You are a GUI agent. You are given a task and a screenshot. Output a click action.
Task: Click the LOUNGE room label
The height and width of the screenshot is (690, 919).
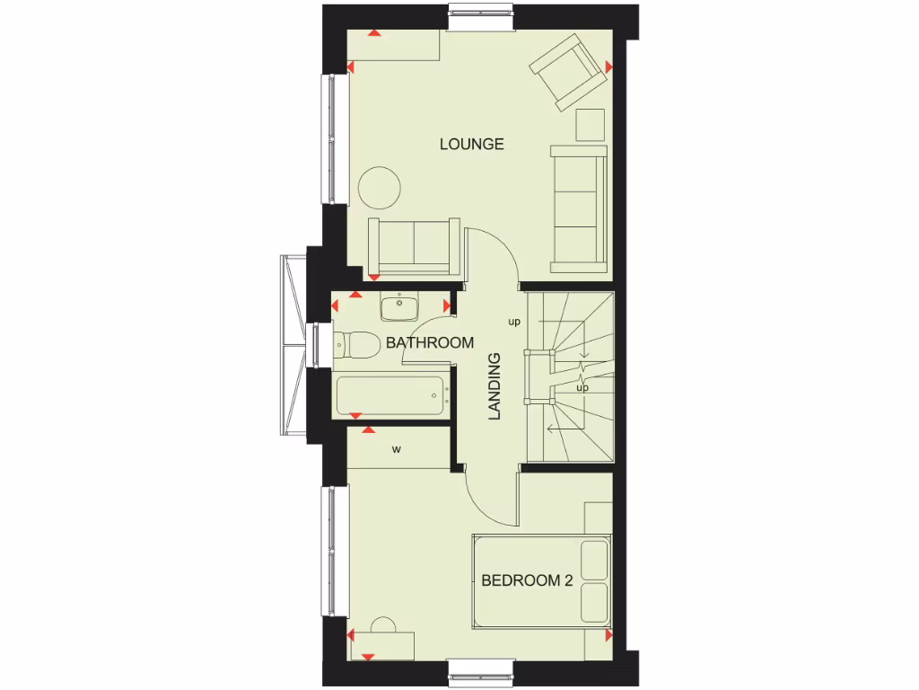pos(471,144)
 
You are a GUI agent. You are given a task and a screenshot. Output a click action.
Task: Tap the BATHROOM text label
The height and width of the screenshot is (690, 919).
pos(430,342)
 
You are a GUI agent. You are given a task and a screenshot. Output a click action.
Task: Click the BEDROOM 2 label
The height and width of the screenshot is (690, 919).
pos(527,580)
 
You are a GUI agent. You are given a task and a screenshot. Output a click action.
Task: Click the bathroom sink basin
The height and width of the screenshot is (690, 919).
pos(399,308)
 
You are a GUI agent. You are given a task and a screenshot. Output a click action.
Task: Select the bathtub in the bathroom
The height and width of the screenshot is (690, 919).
pos(391,395)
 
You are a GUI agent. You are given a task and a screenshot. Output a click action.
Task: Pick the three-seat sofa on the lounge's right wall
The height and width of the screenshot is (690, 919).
pos(579,208)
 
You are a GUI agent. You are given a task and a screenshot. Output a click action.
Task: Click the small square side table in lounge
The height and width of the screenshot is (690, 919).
pos(591,125)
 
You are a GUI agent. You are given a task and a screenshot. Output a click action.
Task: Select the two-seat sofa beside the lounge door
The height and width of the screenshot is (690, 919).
pos(414,245)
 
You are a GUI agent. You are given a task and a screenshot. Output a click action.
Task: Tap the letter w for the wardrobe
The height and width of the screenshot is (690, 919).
pos(396,449)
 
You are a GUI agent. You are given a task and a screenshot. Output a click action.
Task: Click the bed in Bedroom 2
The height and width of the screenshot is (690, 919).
pos(541,581)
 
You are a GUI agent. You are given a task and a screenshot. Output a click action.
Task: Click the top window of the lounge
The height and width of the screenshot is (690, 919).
pos(482,19)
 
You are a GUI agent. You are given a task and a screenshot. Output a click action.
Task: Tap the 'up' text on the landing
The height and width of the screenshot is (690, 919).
pos(514,322)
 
